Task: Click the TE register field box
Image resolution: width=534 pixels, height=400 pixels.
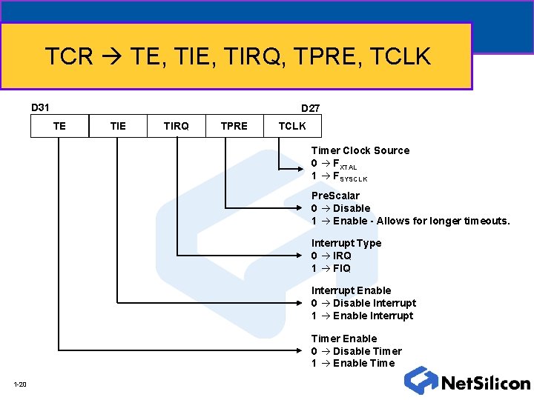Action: point(59,126)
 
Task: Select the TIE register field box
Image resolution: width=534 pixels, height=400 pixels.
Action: point(118,126)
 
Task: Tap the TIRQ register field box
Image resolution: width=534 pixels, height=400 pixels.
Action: point(177,126)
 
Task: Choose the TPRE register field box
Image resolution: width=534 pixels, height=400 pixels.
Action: point(234,126)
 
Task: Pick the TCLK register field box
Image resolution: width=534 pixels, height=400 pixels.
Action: point(292,126)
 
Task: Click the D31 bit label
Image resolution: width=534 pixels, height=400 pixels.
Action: point(39,107)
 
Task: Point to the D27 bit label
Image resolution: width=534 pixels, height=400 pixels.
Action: point(310,108)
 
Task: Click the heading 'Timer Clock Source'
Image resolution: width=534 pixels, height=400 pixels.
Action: point(360,150)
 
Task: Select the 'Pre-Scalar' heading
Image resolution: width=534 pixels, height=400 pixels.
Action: point(335,196)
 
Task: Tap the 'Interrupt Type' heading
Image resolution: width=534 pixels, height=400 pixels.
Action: point(346,243)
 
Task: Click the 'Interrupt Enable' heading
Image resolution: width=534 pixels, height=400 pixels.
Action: point(351,290)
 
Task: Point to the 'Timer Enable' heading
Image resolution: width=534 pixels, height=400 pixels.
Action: point(344,339)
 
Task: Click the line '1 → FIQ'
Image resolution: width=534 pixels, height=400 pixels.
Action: point(331,268)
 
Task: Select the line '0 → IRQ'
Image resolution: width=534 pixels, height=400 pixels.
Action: point(332,256)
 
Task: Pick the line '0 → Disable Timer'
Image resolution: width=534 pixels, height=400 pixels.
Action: point(356,351)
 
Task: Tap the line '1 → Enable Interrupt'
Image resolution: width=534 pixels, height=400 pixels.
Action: point(362,316)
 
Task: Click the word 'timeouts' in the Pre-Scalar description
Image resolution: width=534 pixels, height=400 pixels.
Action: point(485,221)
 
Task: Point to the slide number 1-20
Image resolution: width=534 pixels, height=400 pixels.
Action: point(20,384)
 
